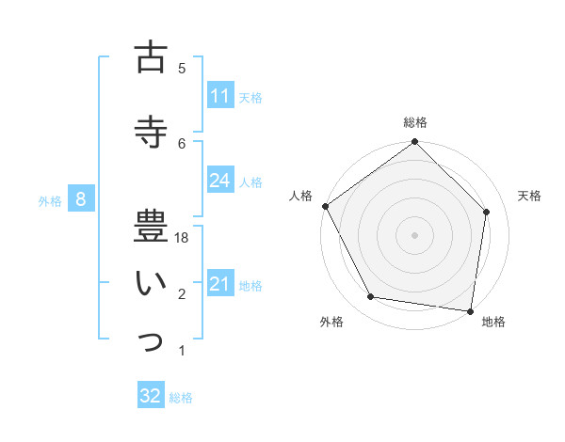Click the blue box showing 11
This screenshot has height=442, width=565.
(220, 96)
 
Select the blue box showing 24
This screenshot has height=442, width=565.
(220, 181)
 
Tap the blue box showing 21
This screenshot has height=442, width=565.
(220, 284)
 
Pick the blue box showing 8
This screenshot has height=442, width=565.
(81, 199)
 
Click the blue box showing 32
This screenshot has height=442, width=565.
(151, 396)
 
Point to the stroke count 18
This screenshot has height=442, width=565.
(182, 239)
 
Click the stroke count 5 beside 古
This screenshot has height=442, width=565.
(182, 68)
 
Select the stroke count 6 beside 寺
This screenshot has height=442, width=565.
(182, 143)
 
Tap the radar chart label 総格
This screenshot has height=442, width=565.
(415, 122)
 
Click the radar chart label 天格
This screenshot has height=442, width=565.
(529, 196)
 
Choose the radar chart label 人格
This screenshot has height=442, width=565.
(301, 196)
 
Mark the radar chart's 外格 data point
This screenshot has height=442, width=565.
(371, 297)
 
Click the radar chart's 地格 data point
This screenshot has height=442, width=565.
(470, 310)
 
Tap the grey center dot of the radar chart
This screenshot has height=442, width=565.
(415, 234)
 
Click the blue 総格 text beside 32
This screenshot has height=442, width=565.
(181, 398)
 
